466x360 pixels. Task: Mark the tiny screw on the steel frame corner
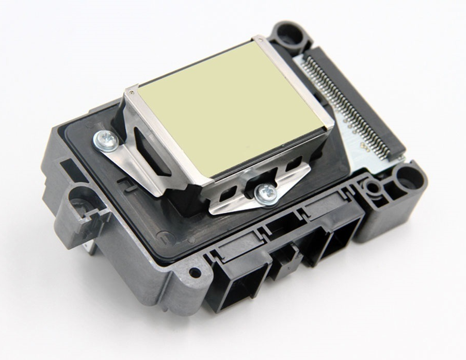tap(134, 92)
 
